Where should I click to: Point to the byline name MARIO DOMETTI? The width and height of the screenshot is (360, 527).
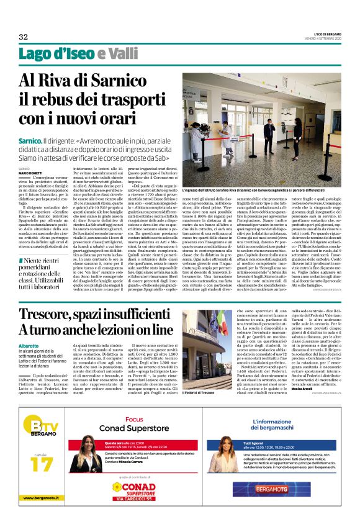click(32, 172)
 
